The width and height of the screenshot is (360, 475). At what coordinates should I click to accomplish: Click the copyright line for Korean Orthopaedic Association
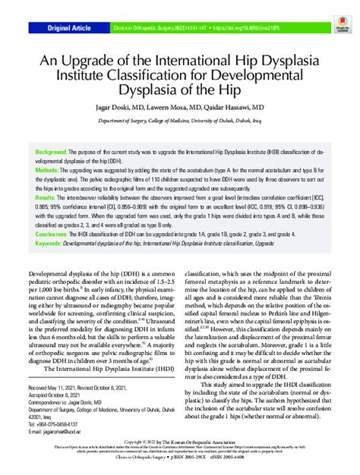pyautogui.click(x=180, y=441)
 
